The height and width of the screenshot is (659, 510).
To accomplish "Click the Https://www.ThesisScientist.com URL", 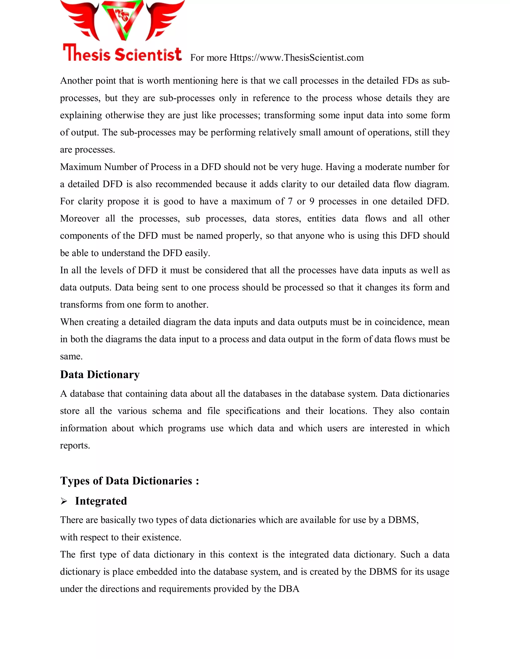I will (296, 58).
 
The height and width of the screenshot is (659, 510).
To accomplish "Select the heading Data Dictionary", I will (100, 375).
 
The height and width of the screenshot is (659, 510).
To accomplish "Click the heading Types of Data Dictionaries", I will (129, 481).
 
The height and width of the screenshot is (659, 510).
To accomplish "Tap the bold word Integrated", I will (101, 501).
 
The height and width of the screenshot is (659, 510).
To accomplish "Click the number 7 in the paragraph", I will (290, 201).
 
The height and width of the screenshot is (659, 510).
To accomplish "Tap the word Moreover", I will (79, 218).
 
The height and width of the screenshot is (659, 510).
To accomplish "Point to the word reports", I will (75, 446).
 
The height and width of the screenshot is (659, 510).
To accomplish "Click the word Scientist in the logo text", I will (148, 54).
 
